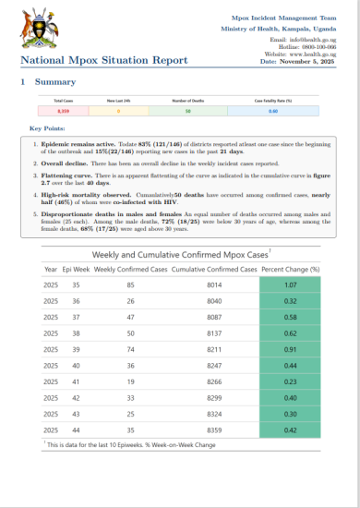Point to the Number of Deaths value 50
[x=187, y=112]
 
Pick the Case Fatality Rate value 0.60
[x=273, y=112]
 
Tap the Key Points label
[x=48, y=127]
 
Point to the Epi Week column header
[x=76, y=269]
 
